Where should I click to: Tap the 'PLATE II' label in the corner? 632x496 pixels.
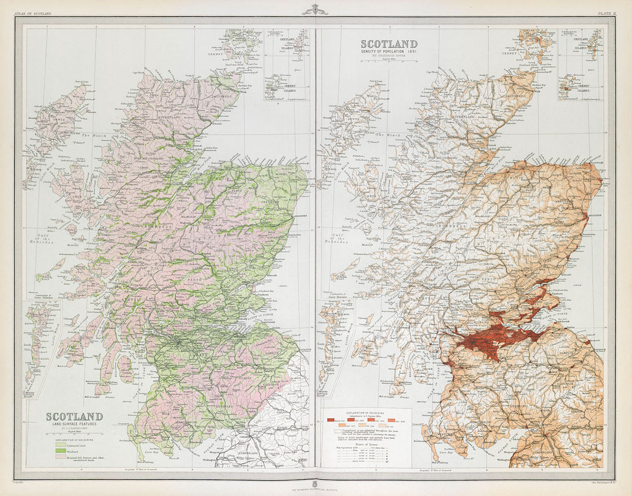point(607,13)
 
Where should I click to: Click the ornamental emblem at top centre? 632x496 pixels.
point(315,9)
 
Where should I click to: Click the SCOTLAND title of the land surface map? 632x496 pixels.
point(74,417)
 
